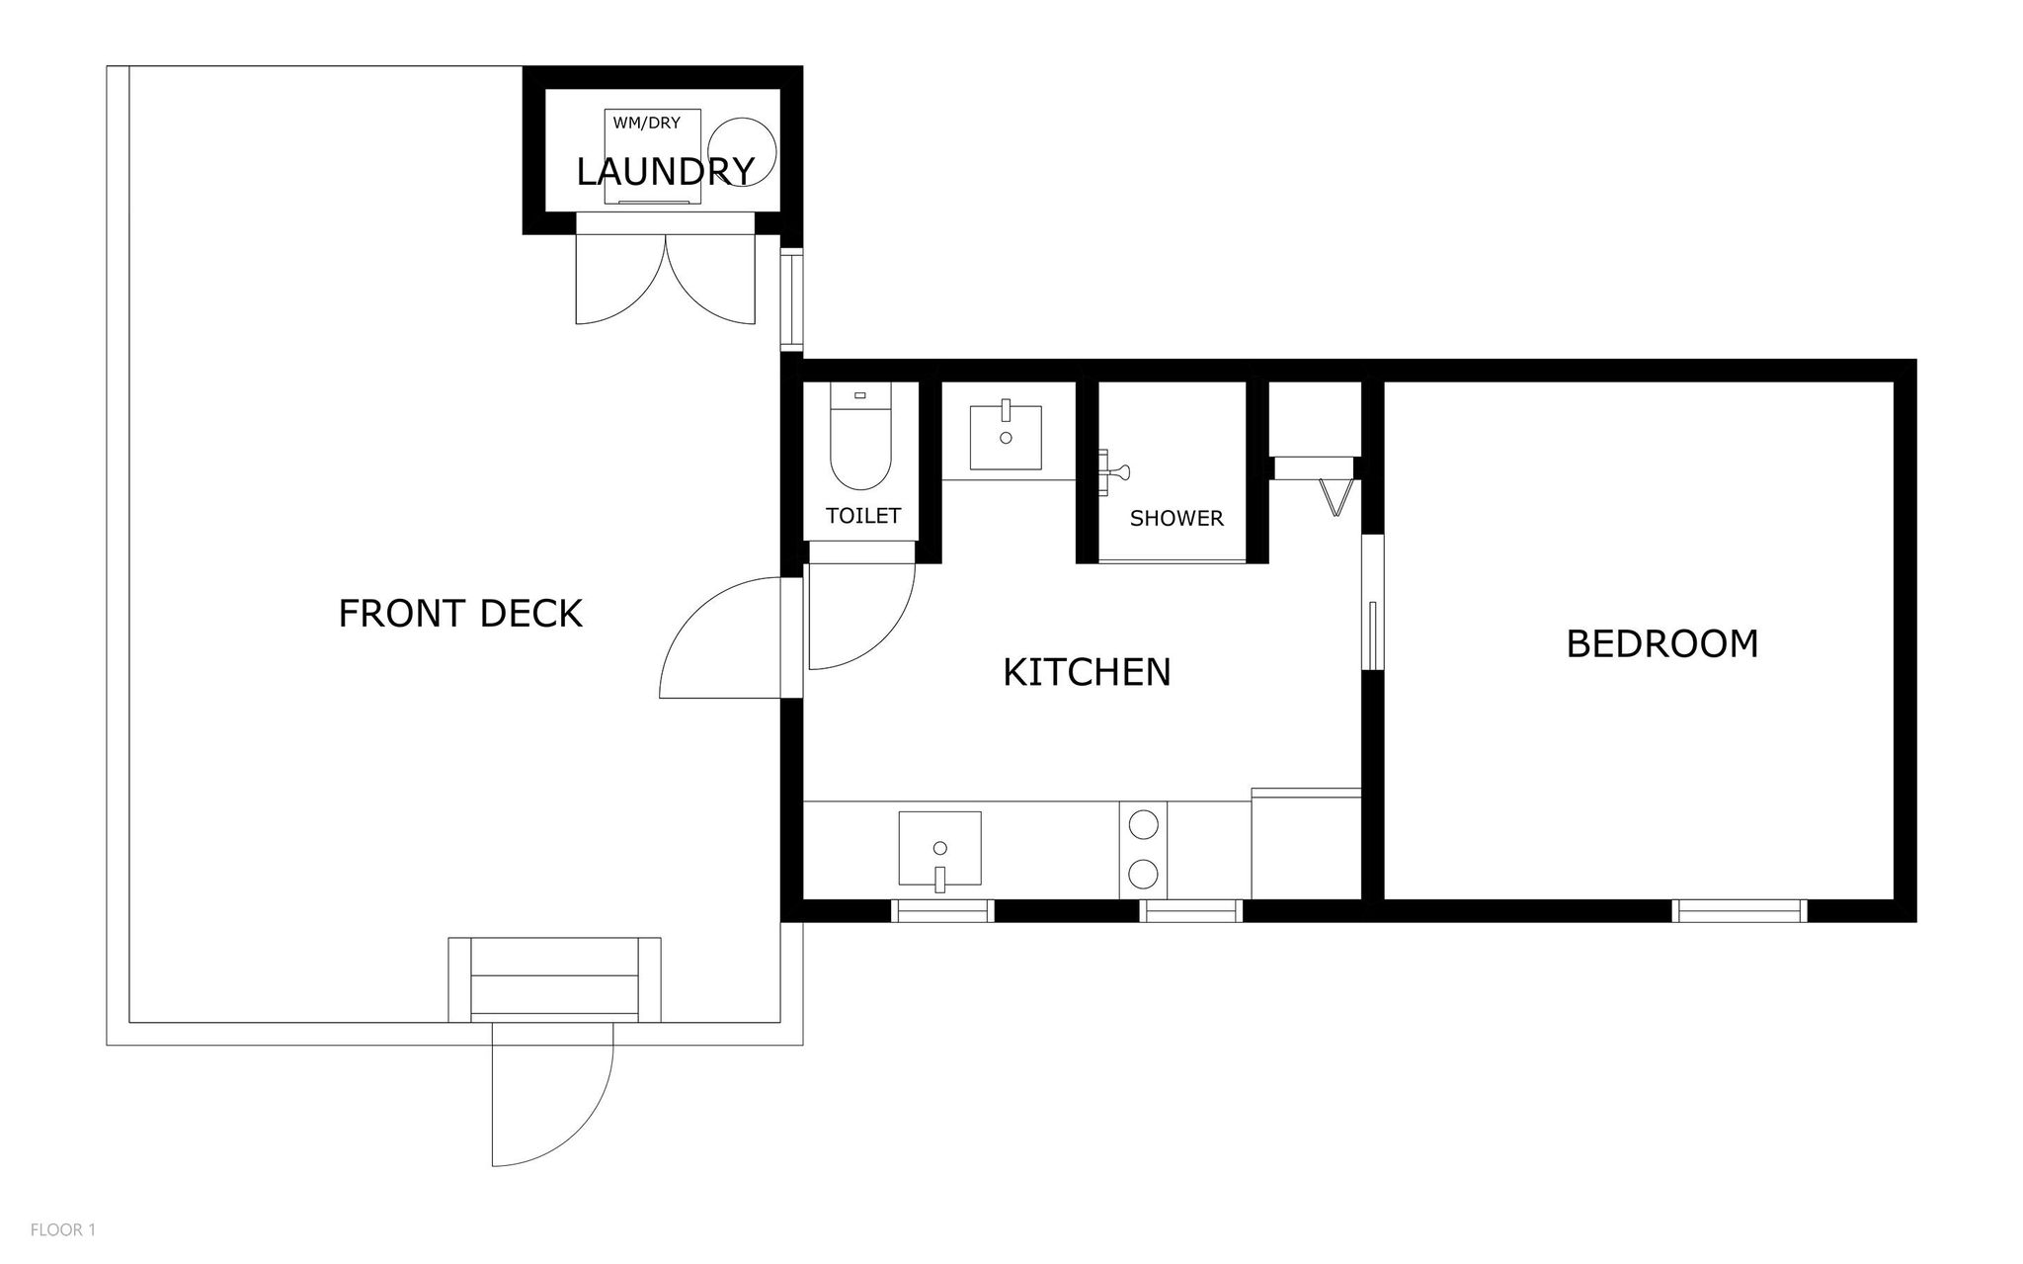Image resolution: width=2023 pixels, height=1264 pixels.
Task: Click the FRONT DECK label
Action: point(460,614)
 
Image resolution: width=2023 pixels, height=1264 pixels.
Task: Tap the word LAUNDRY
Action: point(665,172)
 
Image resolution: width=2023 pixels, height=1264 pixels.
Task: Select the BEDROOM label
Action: point(1662,643)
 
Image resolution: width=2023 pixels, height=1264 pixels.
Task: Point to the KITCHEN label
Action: point(1087,672)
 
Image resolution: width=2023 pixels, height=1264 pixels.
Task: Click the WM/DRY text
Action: point(647,124)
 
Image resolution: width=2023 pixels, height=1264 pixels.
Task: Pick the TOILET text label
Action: point(863,516)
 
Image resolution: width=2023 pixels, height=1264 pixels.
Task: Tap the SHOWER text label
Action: point(1176,518)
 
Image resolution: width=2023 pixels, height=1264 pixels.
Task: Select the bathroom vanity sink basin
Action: point(1006,436)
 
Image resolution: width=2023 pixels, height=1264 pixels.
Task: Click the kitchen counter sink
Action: point(939,848)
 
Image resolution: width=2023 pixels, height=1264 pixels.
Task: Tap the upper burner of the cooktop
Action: point(1144,823)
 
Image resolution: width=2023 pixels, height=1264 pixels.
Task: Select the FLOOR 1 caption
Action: point(63,1230)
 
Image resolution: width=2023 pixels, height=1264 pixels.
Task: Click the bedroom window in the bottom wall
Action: point(1740,911)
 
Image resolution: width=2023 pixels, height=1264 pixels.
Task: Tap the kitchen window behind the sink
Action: point(942,911)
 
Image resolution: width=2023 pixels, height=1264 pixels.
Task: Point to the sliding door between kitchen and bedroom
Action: point(1373,603)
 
